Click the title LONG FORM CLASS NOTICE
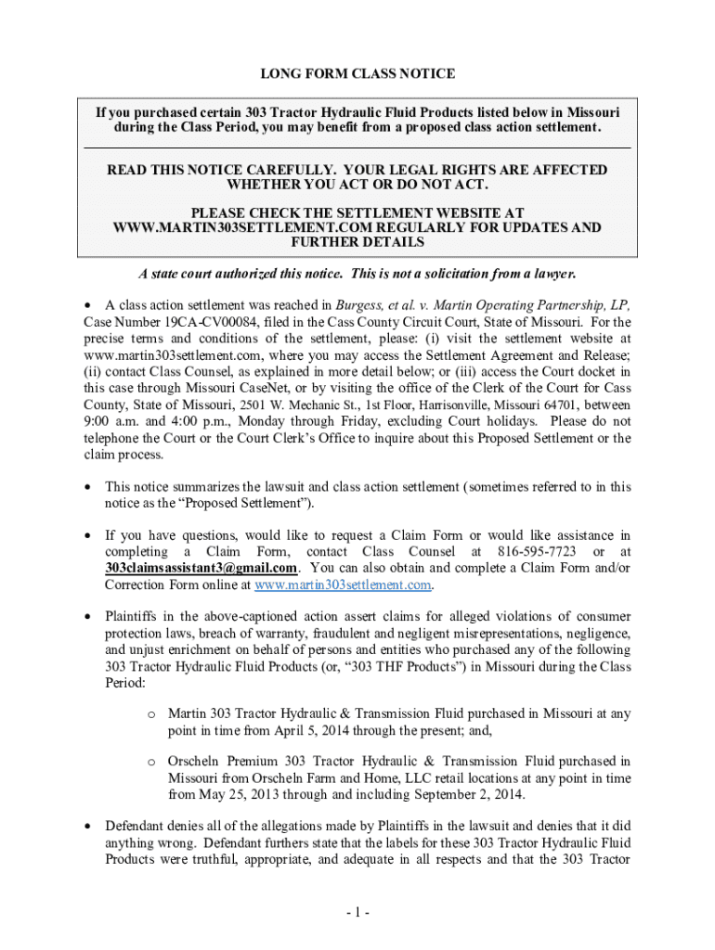point(357,73)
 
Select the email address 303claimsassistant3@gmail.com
point(201,569)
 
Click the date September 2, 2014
point(462,795)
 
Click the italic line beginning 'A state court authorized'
point(357,275)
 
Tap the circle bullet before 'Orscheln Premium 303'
point(150,763)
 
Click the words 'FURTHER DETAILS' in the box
point(357,243)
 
